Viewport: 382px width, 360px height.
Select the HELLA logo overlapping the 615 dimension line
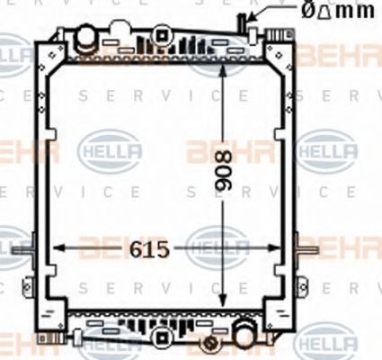click(217, 246)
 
